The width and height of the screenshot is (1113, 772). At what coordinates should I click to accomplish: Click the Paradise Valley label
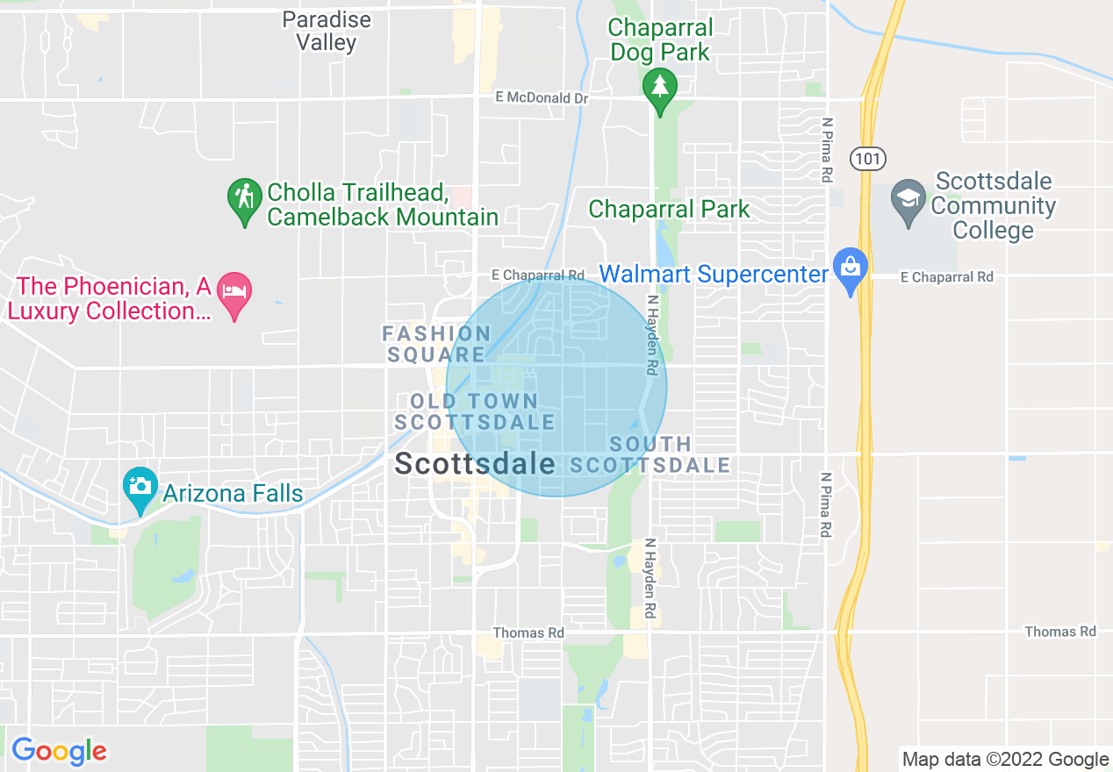tap(327, 31)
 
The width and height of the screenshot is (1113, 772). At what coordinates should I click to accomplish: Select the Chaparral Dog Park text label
tap(660, 39)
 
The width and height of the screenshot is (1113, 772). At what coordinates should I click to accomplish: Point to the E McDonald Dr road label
tap(541, 98)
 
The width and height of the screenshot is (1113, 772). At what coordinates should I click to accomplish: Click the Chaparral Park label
tap(669, 209)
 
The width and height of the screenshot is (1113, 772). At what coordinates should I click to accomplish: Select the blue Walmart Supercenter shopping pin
tap(850, 268)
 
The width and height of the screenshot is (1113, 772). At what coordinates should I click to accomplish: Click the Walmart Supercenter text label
tap(713, 274)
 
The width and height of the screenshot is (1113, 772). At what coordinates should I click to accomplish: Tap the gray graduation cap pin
tap(908, 199)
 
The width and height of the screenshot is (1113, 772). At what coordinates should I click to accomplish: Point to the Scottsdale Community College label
tap(994, 206)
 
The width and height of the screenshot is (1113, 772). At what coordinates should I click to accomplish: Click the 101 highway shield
tap(867, 159)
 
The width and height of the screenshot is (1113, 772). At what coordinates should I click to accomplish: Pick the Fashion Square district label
tap(436, 344)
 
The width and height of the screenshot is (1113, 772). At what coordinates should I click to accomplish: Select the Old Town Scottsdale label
tap(474, 411)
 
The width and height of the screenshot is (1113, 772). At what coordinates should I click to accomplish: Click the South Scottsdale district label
tap(650, 454)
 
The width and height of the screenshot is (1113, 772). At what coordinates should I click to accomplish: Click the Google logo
tap(59, 752)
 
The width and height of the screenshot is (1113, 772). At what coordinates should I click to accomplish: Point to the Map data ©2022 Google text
tap(1006, 759)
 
